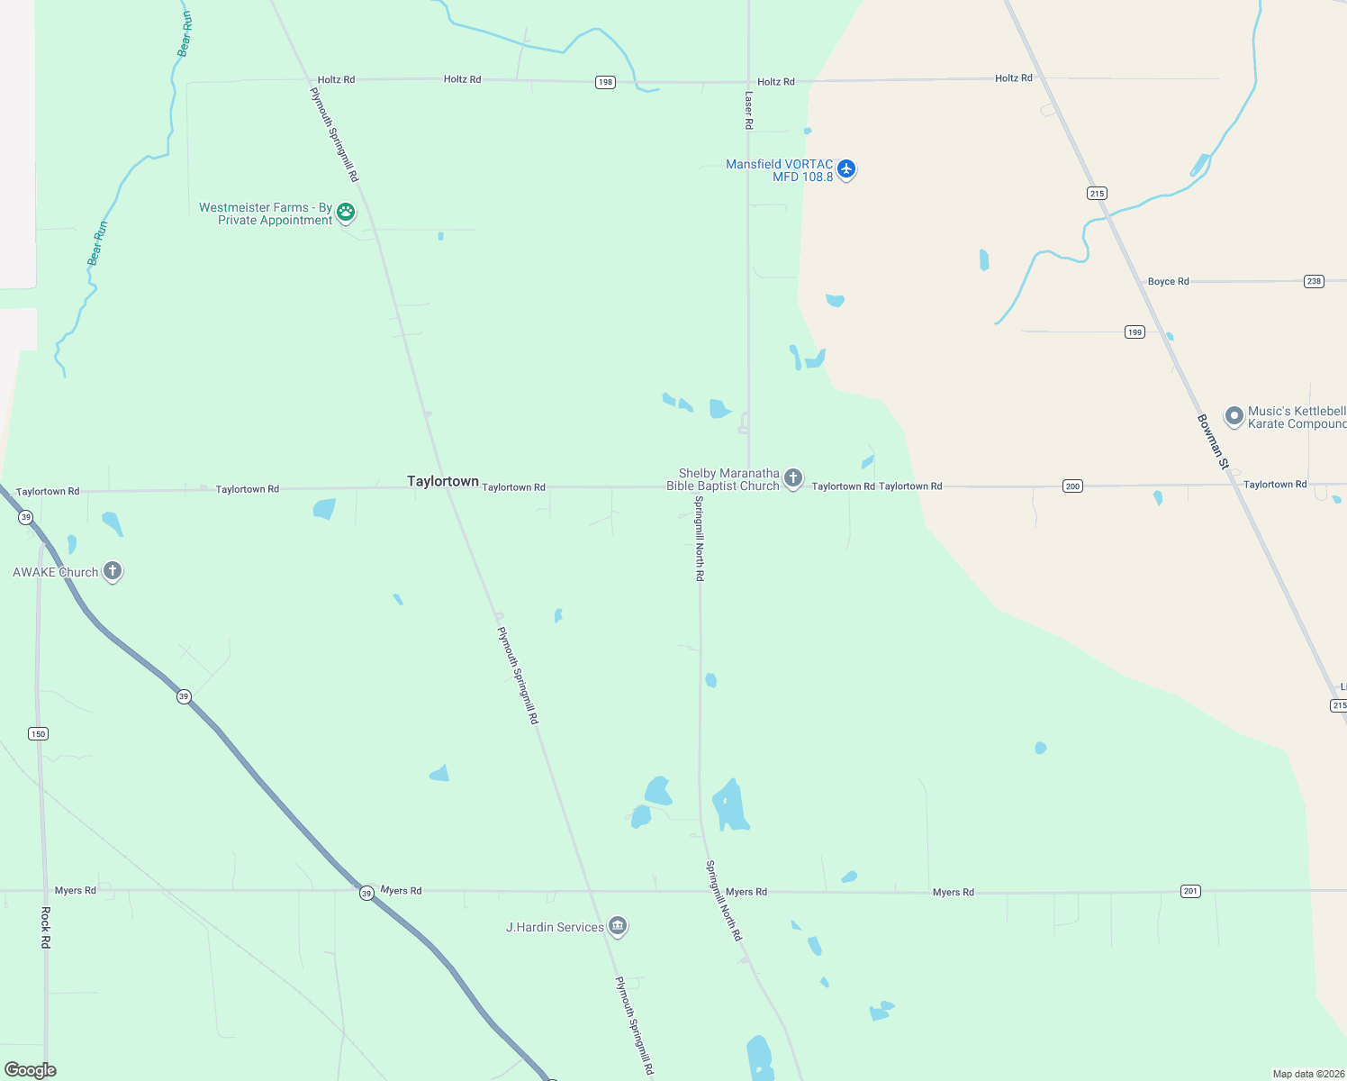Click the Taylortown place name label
pyautogui.click(x=442, y=481)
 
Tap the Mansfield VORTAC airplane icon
pyautogui.click(x=845, y=168)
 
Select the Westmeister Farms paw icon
pyautogui.click(x=346, y=213)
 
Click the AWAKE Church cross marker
pyautogui.click(x=113, y=570)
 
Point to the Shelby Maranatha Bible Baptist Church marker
pyautogui.click(x=792, y=477)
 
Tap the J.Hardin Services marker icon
pyautogui.click(x=618, y=925)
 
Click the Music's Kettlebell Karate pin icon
pyautogui.click(x=1234, y=415)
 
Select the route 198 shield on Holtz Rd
pyautogui.click(x=605, y=82)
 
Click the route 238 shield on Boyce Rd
pyautogui.click(x=1314, y=281)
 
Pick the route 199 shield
pyautogui.click(x=1135, y=332)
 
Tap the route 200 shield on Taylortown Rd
pyautogui.click(x=1072, y=486)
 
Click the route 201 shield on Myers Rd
pyautogui.click(x=1190, y=891)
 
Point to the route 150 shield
pyautogui.click(x=38, y=733)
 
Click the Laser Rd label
pyautogui.click(x=748, y=110)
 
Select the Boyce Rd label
pyautogui.click(x=1168, y=281)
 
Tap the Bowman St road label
pyautogui.click(x=1213, y=441)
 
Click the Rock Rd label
pyautogui.click(x=46, y=927)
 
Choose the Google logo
pyautogui.click(x=31, y=1070)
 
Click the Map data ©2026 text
pyautogui.click(x=1308, y=1074)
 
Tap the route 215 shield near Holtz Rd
pyautogui.click(x=1096, y=194)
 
